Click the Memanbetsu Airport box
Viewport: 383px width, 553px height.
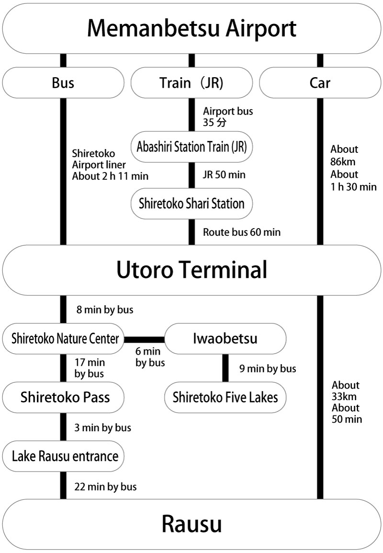click(191, 29)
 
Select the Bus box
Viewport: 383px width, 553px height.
click(63, 83)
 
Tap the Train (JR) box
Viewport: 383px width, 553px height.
click(191, 83)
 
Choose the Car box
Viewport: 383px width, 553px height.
click(320, 83)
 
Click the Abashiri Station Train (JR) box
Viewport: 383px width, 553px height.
click(191, 146)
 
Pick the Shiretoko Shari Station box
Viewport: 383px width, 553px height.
click(191, 203)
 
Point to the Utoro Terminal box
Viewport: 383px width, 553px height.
click(191, 270)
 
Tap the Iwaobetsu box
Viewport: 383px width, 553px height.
click(225, 339)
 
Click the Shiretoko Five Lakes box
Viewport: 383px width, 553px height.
click(225, 397)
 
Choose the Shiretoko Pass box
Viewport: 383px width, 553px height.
click(65, 397)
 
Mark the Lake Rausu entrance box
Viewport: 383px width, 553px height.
click(65, 455)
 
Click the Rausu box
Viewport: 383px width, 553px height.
click(191, 524)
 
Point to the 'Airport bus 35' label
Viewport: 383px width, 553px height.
click(228, 116)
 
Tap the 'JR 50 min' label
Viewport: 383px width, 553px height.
click(224, 175)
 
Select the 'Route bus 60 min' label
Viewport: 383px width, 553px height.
click(242, 232)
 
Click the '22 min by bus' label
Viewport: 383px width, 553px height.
click(105, 487)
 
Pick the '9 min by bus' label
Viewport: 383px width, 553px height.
click(267, 369)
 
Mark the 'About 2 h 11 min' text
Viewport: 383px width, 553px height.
click(110, 176)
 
